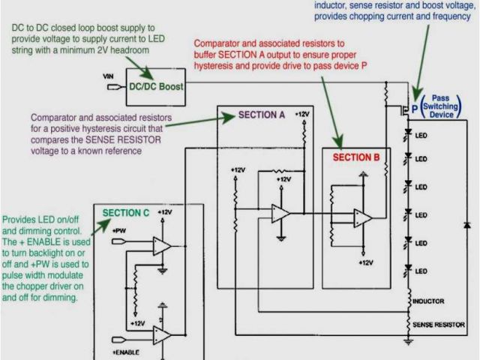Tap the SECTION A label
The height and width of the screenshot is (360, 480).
coord(262,115)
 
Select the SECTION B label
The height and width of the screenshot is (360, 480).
coord(356,157)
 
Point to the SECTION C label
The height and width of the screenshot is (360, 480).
coord(126,213)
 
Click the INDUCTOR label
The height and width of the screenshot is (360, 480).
coord(428,301)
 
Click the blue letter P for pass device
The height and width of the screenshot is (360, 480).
coord(414,107)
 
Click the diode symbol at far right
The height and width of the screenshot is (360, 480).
coord(466,225)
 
